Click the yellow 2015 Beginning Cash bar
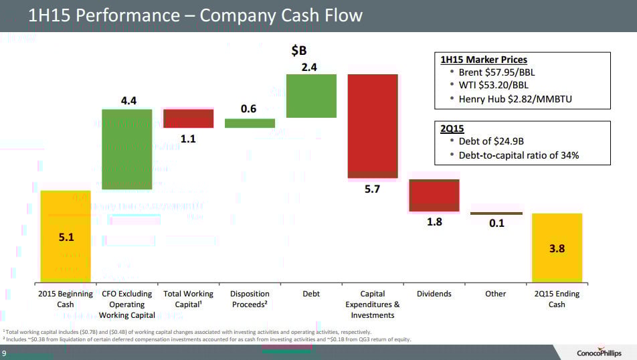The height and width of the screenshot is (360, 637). [66, 236]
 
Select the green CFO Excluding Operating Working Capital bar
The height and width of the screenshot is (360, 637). [126, 149]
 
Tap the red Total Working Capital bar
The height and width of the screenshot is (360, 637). [188, 118]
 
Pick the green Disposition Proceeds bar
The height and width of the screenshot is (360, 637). [250, 123]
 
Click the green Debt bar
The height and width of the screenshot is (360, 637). [311, 96]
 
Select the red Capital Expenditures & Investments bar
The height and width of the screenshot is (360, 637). [372, 126]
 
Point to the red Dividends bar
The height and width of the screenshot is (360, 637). [434, 195]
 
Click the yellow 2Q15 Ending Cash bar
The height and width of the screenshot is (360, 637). [557, 248]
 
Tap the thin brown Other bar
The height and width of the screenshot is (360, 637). [496, 213]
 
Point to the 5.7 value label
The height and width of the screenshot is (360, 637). [372, 189]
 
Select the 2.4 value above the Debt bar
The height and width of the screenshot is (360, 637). [309, 66]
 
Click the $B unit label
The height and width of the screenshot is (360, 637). [300, 51]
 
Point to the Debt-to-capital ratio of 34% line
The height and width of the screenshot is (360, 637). [519, 155]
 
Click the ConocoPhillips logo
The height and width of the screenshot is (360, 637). [599, 353]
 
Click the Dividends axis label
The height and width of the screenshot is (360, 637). [434, 294]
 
